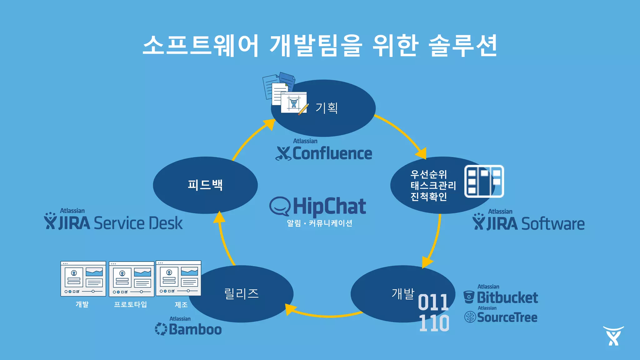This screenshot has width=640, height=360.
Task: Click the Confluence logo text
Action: (x=332, y=153)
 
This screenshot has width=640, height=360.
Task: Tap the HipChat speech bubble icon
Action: (x=280, y=206)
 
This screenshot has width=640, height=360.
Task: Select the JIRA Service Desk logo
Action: (x=113, y=222)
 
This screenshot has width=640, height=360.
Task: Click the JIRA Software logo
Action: (x=528, y=223)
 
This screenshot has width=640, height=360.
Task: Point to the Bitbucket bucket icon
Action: (x=469, y=297)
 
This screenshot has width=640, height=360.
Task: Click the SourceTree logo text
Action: (x=507, y=317)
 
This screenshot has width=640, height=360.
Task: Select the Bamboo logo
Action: (x=188, y=329)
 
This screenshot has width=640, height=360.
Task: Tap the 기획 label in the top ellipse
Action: (x=326, y=108)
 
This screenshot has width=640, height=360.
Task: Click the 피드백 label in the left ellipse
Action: (x=205, y=185)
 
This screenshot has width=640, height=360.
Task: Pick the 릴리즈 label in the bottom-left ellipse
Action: (x=241, y=293)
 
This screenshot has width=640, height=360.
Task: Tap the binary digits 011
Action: (x=433, y=302)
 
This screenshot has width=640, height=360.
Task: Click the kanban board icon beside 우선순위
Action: (x=484, y=181)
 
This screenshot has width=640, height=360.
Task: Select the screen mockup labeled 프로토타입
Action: (x=131, y=279)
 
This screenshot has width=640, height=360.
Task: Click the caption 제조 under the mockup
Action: (x=181, y=305)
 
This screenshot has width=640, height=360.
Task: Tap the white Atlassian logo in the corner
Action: (x=613, y=336)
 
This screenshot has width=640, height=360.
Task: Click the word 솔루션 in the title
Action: (x=462, y=46)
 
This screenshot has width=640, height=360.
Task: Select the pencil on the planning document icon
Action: (x=303, y=109)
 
